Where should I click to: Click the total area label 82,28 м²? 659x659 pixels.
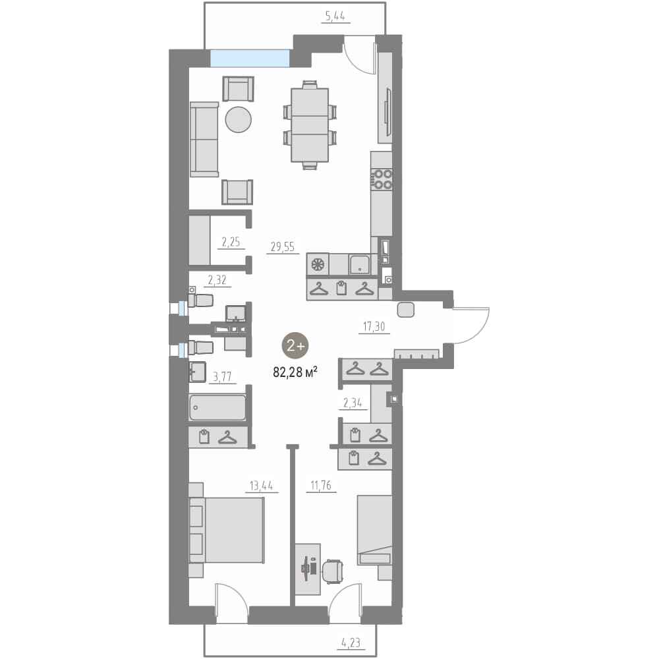click(x=295, y=372)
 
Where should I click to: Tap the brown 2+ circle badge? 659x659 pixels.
click(x=295, y=346)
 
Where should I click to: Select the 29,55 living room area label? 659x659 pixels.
click(x=283, y=246)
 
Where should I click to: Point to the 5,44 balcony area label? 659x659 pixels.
click(x=335, y=16)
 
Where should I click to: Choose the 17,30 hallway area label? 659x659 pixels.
click(x=374, y=326)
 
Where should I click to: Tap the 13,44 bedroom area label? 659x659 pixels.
click(x=262, y=486)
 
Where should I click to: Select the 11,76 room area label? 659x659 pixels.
click(x=321, y=486)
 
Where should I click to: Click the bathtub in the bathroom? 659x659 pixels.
click(x=217, y=407)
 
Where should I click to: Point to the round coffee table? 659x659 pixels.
click(x=239, y=120)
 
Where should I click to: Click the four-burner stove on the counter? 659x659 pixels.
click(x=381, y=179)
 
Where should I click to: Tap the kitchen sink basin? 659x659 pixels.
click(x=359, y=264)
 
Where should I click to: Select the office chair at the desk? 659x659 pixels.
click(x=332, y=572)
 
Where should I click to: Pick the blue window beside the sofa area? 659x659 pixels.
click(x=250, y=58)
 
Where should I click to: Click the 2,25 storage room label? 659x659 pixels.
click(x=231, y=242)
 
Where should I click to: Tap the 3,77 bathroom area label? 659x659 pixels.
click(x=222, y=376)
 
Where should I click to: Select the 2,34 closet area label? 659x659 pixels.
click(x=353, y=403)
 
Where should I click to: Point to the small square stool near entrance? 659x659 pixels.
click(x=406, y=310)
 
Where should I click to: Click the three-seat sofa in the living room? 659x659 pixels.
click(x=204, y=140)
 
